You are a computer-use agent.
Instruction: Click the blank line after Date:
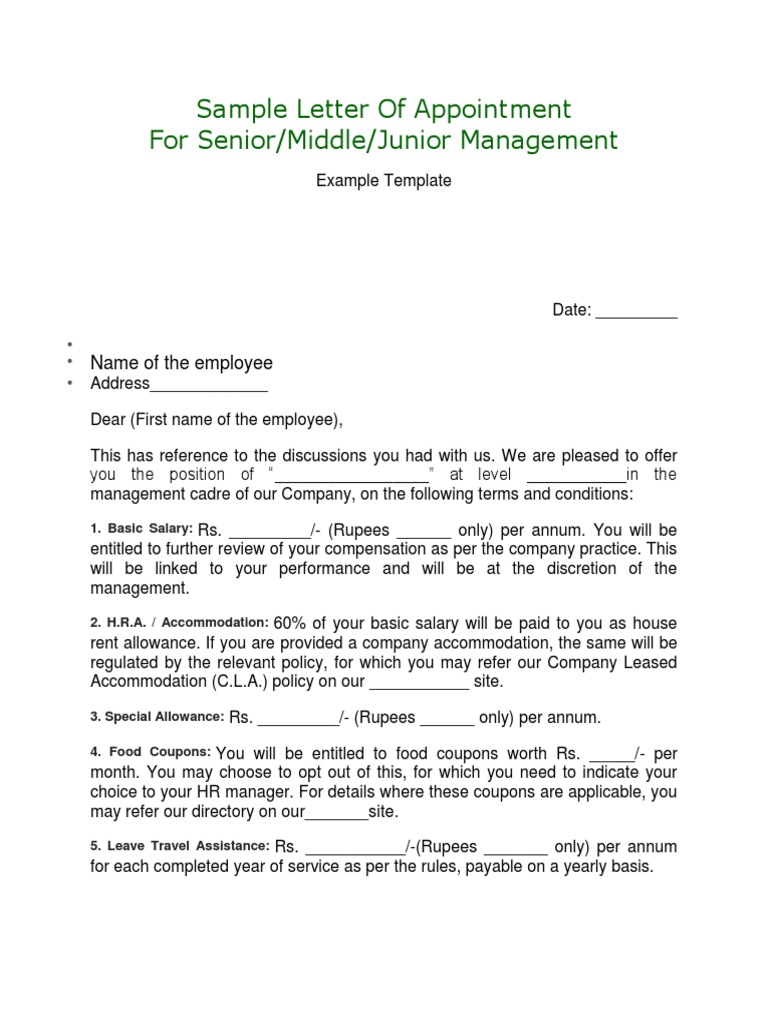pyautogui.click(x=636, y=312)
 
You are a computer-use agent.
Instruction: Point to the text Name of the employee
pyautogui.click(x=181, y=362)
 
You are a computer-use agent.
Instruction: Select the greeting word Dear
pyautogui.click(x=108, y=420)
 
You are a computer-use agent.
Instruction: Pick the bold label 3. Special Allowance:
pyautogui.click(x=157, y=717)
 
